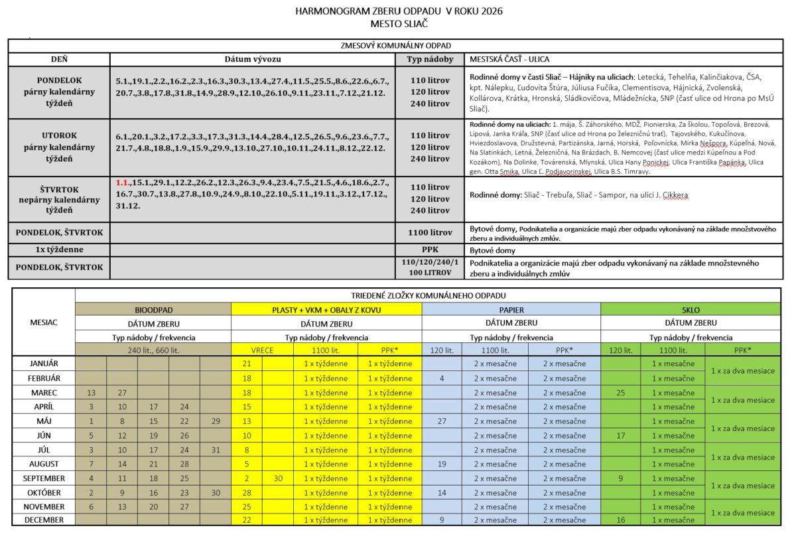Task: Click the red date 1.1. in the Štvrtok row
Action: point(122,182)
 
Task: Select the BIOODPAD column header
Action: point(153,310)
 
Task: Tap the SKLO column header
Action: point(691,310)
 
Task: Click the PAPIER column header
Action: point(511,310)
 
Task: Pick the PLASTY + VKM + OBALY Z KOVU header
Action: point(326,310)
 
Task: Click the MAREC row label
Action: point(44,393)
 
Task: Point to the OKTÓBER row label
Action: point(44,493)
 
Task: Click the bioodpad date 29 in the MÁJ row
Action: point(215,421)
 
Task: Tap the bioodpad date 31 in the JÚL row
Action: point(215,450)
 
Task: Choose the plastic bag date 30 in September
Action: point(278,478)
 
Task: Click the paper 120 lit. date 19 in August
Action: point(442,464)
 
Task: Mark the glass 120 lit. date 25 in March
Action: point(620,393)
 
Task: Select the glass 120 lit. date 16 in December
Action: point(620,520)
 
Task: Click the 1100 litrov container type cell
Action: point(429,233)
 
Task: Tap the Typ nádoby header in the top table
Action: point(429,59)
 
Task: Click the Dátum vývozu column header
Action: point(252,59)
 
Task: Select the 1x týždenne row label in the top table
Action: point(59,251)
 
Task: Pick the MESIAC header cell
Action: point(44,322)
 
